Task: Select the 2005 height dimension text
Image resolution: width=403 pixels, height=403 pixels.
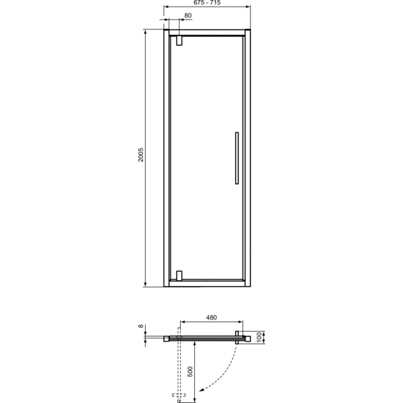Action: pos(140,159)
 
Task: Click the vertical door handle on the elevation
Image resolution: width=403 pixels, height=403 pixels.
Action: pos(236,158)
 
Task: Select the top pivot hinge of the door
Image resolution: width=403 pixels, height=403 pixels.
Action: pos(179,40)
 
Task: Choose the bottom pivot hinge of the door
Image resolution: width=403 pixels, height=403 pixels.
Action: pos(179,275)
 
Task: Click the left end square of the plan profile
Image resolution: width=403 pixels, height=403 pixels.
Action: pos(166,339)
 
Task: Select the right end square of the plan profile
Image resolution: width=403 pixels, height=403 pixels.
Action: pos(247,339)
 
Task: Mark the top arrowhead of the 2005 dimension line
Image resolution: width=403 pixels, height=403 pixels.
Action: pos(146,32)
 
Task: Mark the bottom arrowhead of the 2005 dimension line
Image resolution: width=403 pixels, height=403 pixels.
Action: pos(146,284)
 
